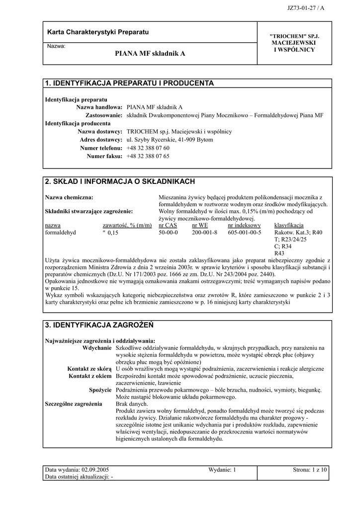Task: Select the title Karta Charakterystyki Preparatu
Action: [x=98, y=32]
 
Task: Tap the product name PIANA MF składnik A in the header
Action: [x=150, y=53]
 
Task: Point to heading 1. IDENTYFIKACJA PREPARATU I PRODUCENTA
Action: [x=129, y=83]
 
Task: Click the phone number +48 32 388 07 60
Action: [x=148, y=148]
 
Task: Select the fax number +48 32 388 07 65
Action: [x=148, y=156]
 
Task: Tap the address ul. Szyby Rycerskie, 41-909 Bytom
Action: [x=170, y=140]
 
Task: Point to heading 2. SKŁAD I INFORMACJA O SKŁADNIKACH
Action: [x=120, y=181]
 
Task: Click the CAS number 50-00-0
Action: [x=168, y=232]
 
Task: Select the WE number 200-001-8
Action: [x=205, y=232]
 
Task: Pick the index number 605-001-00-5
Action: [x=244, y=232]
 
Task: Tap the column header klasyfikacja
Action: [x=288, y=225]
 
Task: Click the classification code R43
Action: [x=280, y=253]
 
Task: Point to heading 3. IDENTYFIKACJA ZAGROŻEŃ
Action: [x=99, y=325]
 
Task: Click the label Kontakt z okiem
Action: [x=90, y=376]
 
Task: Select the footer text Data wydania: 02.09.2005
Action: [x=77, y=470]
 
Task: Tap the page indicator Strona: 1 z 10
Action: [x=309, y=470]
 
